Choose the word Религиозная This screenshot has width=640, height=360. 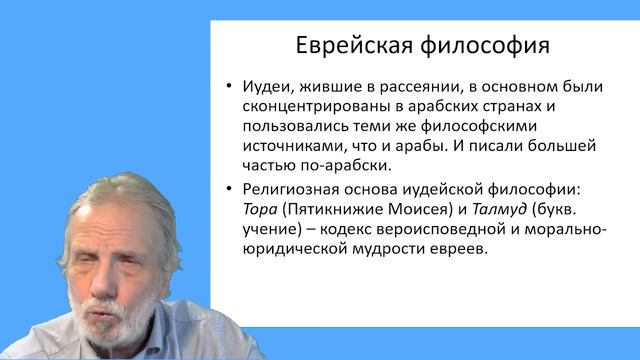[x=294, y=189]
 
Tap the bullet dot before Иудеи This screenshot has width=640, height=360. [x=230, y=86]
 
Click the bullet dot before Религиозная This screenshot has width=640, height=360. [x=230, y=190]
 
